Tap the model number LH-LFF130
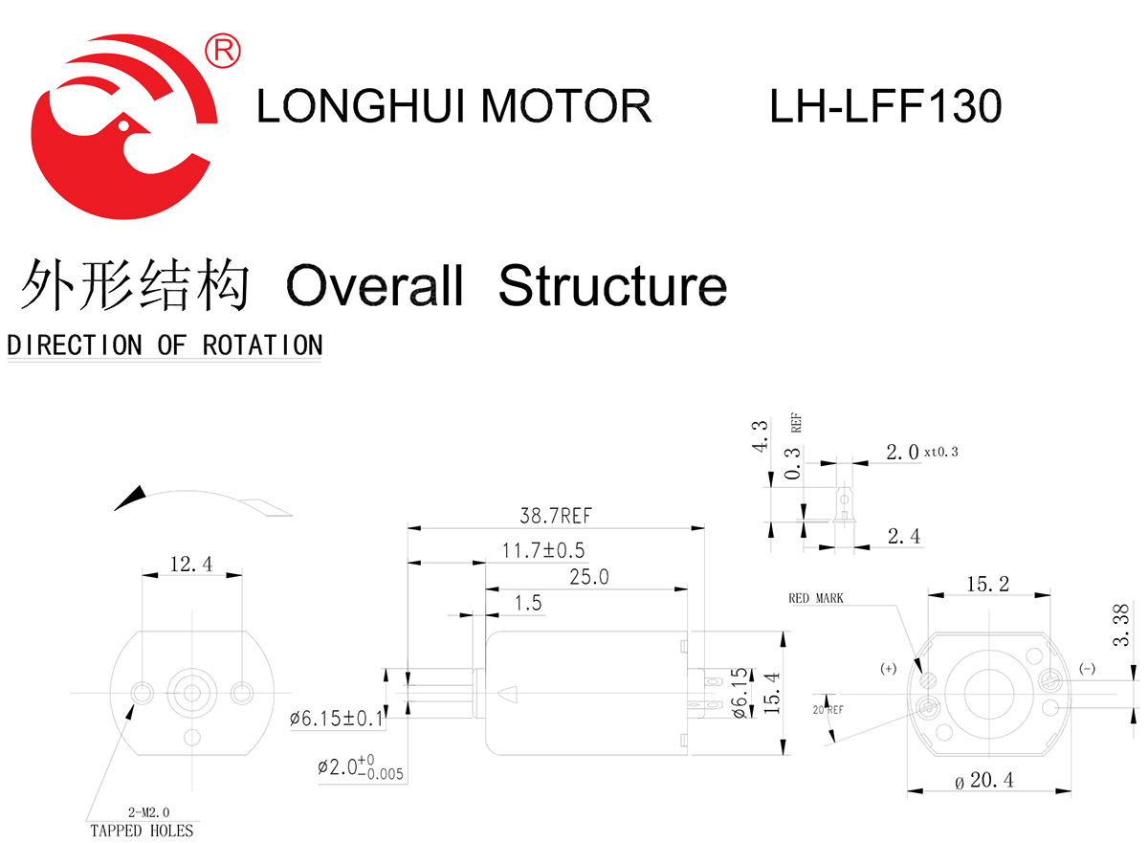click(x=885, y=105)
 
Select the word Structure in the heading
click(x=612, y=285)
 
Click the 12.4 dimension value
click(x=190, y=565)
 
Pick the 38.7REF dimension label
click(x=555, y=517)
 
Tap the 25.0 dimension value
click(x=588, y=578)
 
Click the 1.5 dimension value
click(x=527, y=603)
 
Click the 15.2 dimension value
click(x=989, y=584)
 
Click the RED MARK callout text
click(x=816, y=599)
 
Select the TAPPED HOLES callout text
click(x=142, y=830)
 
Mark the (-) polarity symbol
click(x=1087, y=668)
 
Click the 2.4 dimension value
click(x=903, y=537)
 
